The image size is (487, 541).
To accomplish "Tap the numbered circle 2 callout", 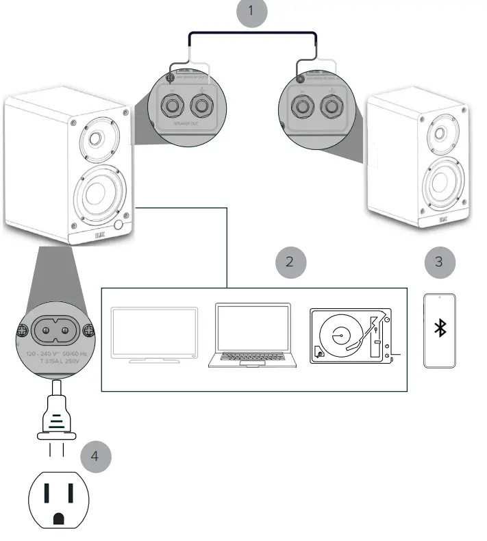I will pos(290,262).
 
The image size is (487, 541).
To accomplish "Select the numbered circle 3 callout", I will pos(439,262).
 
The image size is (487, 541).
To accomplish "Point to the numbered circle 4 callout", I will pos(95,456).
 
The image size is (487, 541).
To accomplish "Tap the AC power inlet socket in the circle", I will pos(55,331).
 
